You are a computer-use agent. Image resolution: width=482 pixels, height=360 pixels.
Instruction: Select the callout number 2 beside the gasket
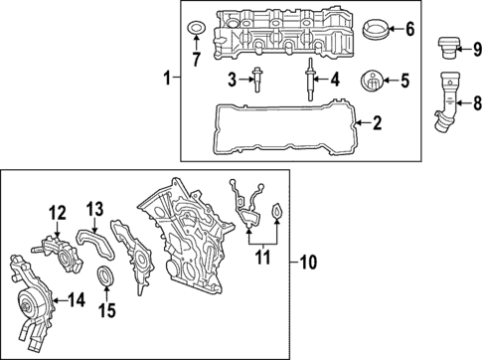[376, 123]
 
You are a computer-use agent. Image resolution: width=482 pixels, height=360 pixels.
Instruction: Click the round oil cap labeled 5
[373, 79]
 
